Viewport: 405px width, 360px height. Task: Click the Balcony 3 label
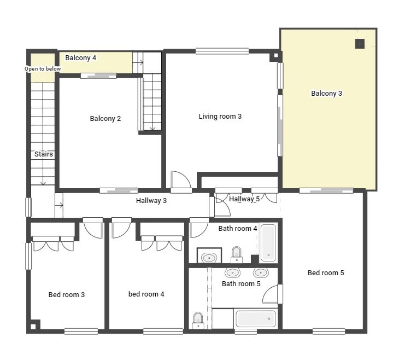[x=326, y=94]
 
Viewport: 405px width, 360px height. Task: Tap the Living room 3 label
[x=220, y=117]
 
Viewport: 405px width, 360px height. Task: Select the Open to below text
[x=43, y=69]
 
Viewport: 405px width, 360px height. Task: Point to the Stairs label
[x=44, y=154]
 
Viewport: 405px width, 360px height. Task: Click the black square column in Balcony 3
[x=360, y=44]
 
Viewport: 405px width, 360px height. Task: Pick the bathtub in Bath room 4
[x=268, y=243]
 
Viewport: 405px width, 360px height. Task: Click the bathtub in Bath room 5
[x=256, y=318]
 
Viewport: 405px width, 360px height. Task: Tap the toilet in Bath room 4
[x=236, y=255]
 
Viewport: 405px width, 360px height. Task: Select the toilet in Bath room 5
[x=198, y=321]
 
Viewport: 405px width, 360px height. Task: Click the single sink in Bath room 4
[x=209, y=258]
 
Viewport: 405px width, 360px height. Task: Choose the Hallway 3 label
[x=151, y=201]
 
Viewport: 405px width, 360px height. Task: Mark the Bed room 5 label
[x=326, y=273]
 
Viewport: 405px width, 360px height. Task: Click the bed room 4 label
[x=146, y=294]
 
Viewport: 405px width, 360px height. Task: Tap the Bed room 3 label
[x=66, y=294]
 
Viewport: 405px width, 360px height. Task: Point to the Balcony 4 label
[x=80, y=57]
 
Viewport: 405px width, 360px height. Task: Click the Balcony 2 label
[x=105, y=119]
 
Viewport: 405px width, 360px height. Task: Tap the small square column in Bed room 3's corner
[x=33, y=327]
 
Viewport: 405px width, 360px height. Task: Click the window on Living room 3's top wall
[x=222, y=51]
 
